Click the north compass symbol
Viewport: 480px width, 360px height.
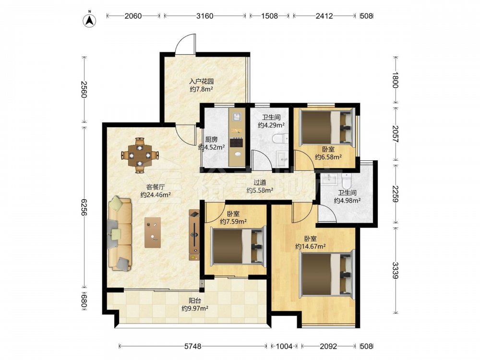(x=89, y=20)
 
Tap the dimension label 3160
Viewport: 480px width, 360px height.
(x=204, y=16)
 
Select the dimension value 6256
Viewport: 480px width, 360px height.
(x=84, y=207)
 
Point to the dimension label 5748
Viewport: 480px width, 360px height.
(x=193, y=346)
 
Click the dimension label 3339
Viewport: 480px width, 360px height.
(x=395, y=270)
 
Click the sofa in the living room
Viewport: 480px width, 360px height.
(x=120, y=234)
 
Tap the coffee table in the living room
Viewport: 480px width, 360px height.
(x=153, y=232)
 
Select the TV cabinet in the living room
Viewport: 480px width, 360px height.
(x=194, y=235)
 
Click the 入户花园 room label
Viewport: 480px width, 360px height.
(x=201, y=82)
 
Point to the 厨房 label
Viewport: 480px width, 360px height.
(x=211, y=140)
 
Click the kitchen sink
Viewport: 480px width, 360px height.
(x=237, y=117)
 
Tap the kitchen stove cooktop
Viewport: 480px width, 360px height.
(x=237, y=143)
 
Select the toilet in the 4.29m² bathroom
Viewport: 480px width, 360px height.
(x=280, y=139)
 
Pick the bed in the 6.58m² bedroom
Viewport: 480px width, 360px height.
(x=326, y=127)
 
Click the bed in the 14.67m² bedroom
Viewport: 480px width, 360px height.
(x=326, y=275)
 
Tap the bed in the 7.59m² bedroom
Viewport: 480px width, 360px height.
(x=238, y=246)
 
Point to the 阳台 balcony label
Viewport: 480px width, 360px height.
(x=195, y=300)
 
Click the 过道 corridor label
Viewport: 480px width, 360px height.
(x=260, y=182)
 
